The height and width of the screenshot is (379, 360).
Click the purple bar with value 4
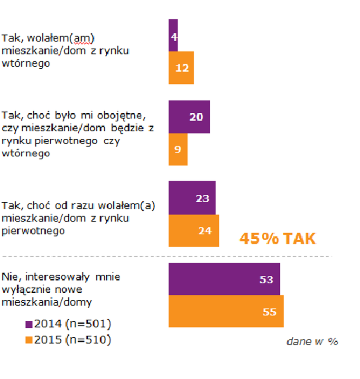(x=173, y=35)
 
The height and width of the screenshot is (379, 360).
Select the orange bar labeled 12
(x=181, y=68)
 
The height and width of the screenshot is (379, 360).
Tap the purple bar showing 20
(x=189, y=117)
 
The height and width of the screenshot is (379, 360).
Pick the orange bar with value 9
(x=178, y=149)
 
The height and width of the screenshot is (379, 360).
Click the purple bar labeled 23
(x=192, y=198)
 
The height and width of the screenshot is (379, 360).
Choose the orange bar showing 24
(x=194, y=231)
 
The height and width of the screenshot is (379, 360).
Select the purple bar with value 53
(x=224, y=279)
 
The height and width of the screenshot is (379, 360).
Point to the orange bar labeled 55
(x=226, y=311)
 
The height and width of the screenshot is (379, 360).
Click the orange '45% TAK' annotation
(x=277, y=239)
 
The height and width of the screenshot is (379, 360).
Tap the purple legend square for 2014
(x=28, y=325)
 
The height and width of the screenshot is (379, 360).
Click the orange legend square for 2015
(x=28, y=340)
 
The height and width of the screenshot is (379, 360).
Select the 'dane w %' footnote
(x=312, y=342)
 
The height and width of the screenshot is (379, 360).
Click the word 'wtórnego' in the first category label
(x=26, y=63)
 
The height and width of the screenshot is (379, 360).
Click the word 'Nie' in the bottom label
(x=10, y=277)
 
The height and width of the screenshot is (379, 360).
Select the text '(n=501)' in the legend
(x=88, y=324)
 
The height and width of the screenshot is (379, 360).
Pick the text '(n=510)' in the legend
(x=88, y=340)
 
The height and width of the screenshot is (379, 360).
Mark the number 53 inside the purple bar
(x=266, y=280)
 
